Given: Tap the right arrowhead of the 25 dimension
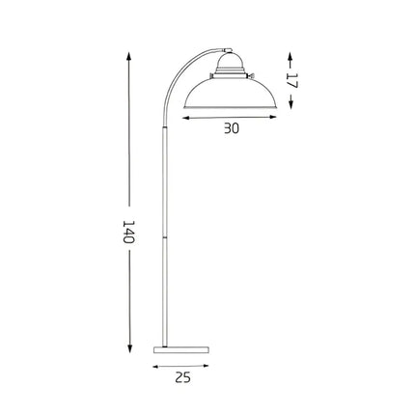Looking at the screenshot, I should pos(210,367).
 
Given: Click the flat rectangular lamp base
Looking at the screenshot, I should pos(182,347).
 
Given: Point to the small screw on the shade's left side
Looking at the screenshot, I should pos(209,78).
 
